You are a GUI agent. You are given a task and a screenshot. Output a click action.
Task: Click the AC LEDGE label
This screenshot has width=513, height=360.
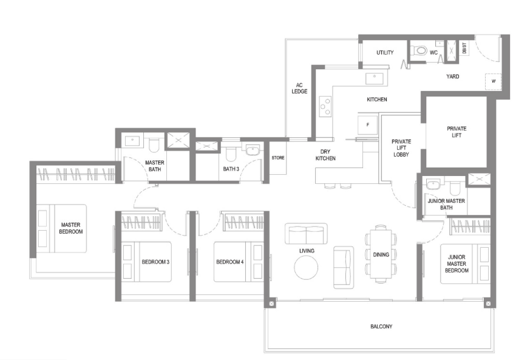[299, 89]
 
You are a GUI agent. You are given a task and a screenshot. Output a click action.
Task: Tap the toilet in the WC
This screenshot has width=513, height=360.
[419, 50]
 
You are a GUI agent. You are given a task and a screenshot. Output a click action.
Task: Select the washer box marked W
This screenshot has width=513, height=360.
[493, 81]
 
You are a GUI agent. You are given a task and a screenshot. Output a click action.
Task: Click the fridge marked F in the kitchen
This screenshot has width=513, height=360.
[367, 124]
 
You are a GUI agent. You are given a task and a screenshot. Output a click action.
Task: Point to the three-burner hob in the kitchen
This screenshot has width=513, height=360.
[325, 106]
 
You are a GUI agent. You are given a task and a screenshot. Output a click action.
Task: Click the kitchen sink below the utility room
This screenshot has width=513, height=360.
[375, 79]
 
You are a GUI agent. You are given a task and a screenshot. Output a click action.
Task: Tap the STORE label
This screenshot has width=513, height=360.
[278, 158]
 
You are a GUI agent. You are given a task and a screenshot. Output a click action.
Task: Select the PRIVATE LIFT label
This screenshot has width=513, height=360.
[457, 132]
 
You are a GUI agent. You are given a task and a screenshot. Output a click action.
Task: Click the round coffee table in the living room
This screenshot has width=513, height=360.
[306, 267]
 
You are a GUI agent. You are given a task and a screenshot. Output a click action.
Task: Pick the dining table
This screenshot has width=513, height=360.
[381, 254]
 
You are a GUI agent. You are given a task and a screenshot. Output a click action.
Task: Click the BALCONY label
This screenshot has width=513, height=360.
[381, 326]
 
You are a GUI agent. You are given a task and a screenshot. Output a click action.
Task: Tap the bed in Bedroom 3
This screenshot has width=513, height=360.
[146, 262]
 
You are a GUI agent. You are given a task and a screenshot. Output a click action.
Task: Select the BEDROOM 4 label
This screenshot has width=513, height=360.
[229, 262]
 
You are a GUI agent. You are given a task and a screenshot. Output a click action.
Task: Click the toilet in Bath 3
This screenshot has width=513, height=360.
[231, 153]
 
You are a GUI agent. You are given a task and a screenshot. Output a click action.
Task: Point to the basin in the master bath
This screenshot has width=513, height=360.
[132, 141]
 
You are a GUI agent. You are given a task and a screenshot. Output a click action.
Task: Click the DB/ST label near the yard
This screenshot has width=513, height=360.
[464, 48]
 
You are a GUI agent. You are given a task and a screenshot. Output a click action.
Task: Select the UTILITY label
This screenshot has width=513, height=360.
[385, 52]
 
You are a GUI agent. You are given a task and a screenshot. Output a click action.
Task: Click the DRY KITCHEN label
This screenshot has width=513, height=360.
[325, 155]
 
